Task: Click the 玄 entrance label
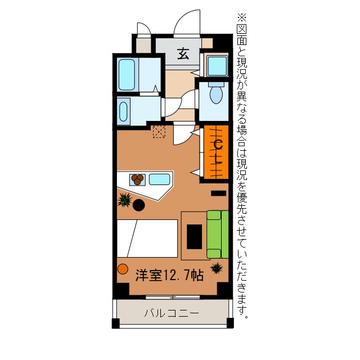click(183, 54)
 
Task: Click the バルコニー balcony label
click(171, 313)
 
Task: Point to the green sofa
click(217, 233)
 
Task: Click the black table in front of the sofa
click(195, 236)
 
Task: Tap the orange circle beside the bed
click(123, 268)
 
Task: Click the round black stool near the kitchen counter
click(138, 205)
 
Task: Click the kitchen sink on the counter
click(159, 179)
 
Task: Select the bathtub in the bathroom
click(127, 74)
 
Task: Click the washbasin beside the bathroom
click(124, 110)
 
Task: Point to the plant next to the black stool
click(124, 199)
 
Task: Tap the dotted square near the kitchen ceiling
click(159, 132)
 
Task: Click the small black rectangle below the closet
click(218, 193)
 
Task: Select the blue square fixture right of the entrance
click(216, 66)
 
